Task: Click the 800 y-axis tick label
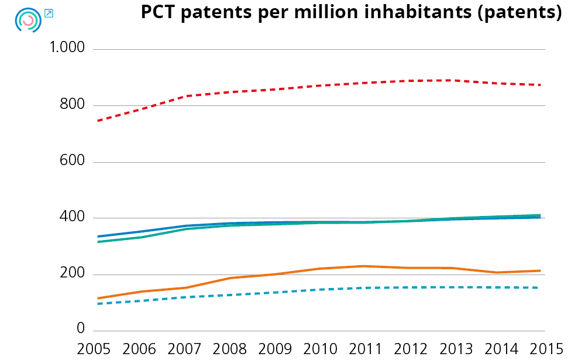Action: click(73, 105)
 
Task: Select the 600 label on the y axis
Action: click(73, 161)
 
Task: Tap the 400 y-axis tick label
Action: click(73, 218)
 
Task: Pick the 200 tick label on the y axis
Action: click(73, 274)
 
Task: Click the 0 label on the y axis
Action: click(81, 330)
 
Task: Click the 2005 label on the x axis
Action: click(94, 349)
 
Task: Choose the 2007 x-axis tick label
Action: click(184, 349)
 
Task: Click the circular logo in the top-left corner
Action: click(27, 20)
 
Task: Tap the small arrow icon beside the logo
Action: click(49, 13)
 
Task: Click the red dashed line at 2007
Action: click(184, 96)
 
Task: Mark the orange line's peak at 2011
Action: click(364, 266)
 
